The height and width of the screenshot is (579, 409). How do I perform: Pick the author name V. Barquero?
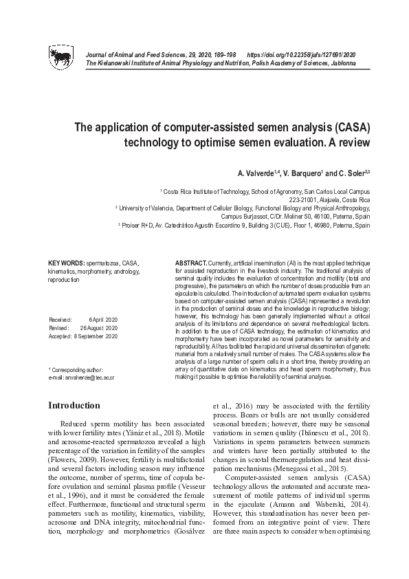click(x=299, y=171)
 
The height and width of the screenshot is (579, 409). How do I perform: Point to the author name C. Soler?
click(x=352, y=171)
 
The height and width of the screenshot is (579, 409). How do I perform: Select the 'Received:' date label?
click(x=61, y=320)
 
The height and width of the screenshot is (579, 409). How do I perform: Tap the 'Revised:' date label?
click(x=60, y=328)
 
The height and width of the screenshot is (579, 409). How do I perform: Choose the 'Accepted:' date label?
click(x=61, y=336)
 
